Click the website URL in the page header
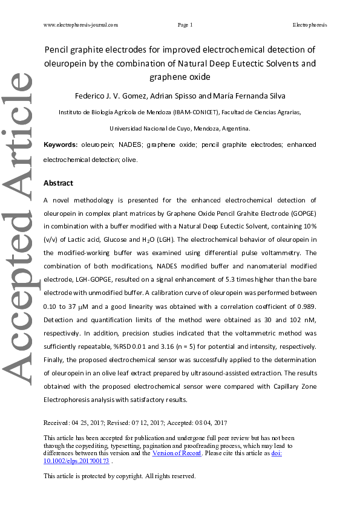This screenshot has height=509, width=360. [x=80, y=25]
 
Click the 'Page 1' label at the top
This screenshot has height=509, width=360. [x=185, y=25]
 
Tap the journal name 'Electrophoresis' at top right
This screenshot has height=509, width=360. [x=309, y=25]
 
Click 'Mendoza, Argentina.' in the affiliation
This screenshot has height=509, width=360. [x=223, y=129]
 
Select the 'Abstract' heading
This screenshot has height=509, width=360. [x=59, y=183]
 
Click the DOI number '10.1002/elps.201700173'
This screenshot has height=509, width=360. [x=77, y=461]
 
